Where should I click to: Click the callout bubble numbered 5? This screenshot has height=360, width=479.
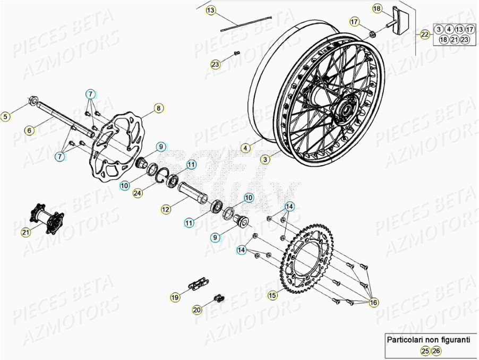(7, 116)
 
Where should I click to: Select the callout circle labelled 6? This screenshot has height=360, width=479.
(30, 130)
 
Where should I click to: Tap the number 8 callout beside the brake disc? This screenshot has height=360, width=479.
(158, 108)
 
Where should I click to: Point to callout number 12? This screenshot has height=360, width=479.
(166, 210)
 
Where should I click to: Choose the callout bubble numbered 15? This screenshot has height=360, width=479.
(272, 295)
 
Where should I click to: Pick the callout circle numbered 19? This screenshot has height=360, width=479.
(174, 297)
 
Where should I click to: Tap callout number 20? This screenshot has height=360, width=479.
(197, 309)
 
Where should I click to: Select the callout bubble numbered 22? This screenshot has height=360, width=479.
(425, 35)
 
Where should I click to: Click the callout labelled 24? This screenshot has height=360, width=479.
(138, 193)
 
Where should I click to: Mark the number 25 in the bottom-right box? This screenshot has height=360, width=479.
(425, 350)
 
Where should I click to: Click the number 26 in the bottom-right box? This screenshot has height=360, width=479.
(436, 350)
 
